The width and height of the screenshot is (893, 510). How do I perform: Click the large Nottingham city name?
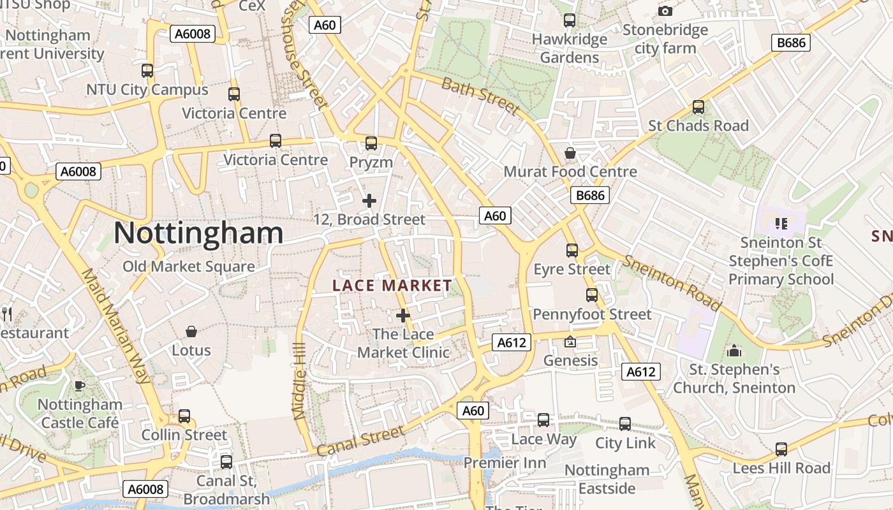198,233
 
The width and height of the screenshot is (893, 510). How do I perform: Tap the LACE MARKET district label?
392,286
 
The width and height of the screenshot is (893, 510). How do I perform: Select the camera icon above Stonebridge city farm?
665,11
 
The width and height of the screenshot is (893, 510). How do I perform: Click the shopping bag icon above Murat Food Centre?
570,153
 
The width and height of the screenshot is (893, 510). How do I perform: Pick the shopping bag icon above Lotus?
191,331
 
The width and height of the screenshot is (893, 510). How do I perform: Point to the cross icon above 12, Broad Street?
369,201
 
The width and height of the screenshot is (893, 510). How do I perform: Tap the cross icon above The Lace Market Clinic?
403,316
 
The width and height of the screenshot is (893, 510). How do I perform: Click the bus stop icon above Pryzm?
371,143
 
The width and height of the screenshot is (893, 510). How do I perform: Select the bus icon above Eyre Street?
572,251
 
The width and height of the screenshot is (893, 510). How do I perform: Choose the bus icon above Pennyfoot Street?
592,295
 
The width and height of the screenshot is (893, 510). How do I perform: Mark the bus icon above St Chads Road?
698,107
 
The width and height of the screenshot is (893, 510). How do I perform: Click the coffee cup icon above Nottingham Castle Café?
80,386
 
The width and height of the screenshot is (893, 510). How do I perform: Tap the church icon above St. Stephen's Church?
734,351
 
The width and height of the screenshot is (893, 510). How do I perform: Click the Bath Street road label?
480,95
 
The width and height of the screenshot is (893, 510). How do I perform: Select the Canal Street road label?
360,441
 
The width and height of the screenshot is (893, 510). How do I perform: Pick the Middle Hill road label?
299,381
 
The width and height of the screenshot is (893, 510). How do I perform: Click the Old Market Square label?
189,266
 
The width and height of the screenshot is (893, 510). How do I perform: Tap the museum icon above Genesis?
570,342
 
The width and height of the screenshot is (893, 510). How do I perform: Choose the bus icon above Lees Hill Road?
781,449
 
